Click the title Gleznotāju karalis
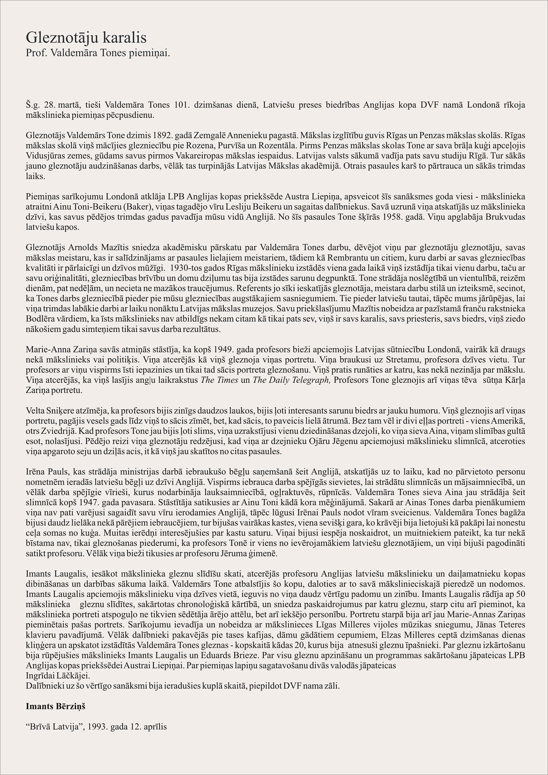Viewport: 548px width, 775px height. [86, 38]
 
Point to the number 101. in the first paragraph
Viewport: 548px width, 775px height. [183, 105]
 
